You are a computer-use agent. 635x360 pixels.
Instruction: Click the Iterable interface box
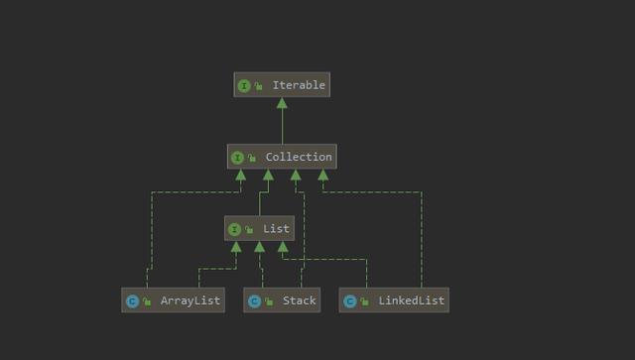pyautogui.click(x=282, y=85)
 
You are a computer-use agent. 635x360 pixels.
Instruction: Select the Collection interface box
pyautogui.click(x=282, y=157)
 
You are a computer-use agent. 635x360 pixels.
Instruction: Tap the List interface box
pyautogui.click(x=259, y=229)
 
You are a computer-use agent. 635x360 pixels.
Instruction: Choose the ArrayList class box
pyautogui.click(x=173, y=300)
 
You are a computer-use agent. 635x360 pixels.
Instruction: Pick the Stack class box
pyautogui.click(x=282, y=300)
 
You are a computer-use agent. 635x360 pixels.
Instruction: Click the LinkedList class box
pyautogui.click(x=394, y=300)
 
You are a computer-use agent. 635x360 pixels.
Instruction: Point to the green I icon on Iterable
pyautogui.click(x=244, y=86)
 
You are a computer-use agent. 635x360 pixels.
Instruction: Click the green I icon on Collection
pyautogui.click(x=237, y=158)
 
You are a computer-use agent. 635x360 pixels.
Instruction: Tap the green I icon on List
pyautogui.click(x=234, y=230)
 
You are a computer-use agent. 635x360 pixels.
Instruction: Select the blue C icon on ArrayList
pyautogui.click(x=132, y=301)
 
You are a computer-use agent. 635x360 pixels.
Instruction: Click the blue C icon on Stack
pyautogui.click(x=254, y=301)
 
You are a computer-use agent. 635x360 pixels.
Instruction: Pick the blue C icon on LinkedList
pyautogui.click(x=349, y=301)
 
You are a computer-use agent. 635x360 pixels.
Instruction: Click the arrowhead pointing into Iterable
pyautogui.click(x=282, y=103)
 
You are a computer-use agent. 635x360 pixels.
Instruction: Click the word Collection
pyautogui.click(x=299, y=157)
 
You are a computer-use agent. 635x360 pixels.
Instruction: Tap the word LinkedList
pyautogui.click(x=411, y=300)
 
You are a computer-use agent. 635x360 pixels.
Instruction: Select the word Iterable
pyautogui.click(x=299, y=85)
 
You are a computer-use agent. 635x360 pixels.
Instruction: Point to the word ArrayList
pyautogui.click(x=190, y=300)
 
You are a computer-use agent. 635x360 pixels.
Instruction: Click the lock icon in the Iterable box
pyautogui.click(x=258, y=87)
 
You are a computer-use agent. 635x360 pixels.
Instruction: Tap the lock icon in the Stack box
pyautogui.click(x=268, y=302)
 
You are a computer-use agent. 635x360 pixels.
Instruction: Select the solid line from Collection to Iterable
pyautogui.click(x=282, y=127)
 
